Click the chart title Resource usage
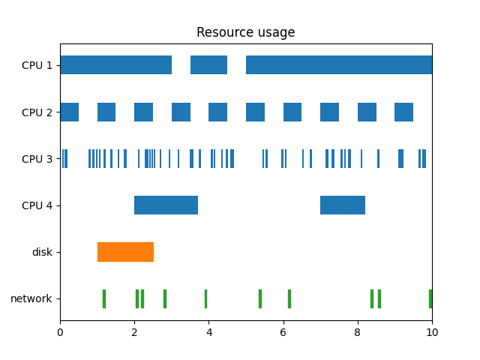click(x=245, y=32)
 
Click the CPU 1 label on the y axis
click(x=37, y=65)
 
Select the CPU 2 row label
click(x=37, y=112)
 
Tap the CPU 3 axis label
click(x=37, y=158)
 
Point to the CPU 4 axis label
click(x=37, y=205)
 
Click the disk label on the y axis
click(x=42, y=252)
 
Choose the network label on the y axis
click(x=31, y=298)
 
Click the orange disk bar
click(x=125, y=252)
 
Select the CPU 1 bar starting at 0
click(x=115, y=65)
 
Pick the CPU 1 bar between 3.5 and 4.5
click(x=208, y=65)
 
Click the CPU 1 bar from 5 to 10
click(x=339, y=65)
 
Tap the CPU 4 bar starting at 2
click(x=166, y=205)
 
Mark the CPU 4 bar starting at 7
click(x=343, y=205)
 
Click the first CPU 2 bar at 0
click(x=69, y=112)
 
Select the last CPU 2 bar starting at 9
click(x=403, y=112)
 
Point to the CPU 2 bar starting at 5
click(x=255, y=112)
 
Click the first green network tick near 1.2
click(x=104, y=298)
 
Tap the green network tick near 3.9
click(x=205, y=298)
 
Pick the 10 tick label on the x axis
click(x=432, y=331)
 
